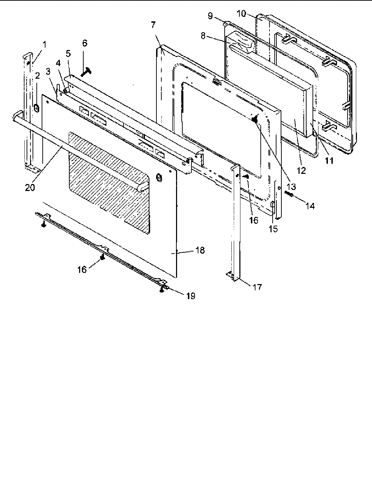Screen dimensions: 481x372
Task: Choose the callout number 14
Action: pyautogui.click(x=310, y=206)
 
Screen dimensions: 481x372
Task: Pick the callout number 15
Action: pyautogui.click(x=273, y=229)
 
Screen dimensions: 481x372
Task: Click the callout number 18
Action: pyautogui.click(x=200, y=251)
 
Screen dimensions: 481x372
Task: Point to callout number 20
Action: pyautogui.click(x=30, y=187)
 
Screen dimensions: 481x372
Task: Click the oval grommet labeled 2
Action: pyautogui.click(x=36, y=108)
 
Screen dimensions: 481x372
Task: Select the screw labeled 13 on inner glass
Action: pyautogui.click(x=255, y=119)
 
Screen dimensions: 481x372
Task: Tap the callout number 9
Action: pyautogui.click(x=210, y=16)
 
